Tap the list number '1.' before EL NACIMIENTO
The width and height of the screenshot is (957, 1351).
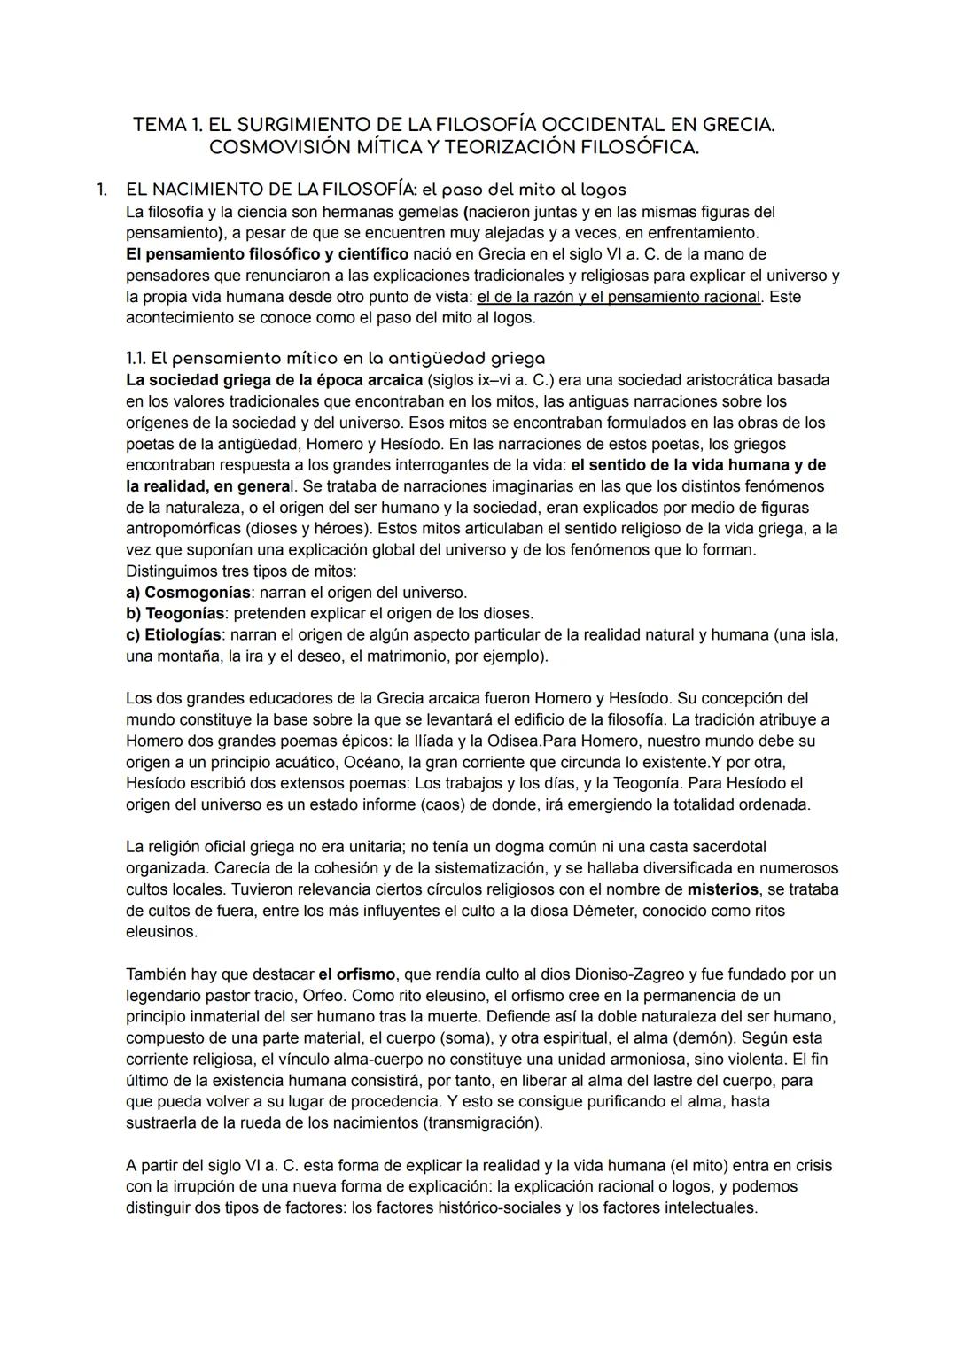click(102, 190)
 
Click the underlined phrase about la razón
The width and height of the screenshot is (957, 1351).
click(619, 297)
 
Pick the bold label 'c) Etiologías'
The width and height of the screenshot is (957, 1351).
click(173, 635)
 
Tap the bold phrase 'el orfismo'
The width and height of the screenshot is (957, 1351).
click(357, 974)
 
